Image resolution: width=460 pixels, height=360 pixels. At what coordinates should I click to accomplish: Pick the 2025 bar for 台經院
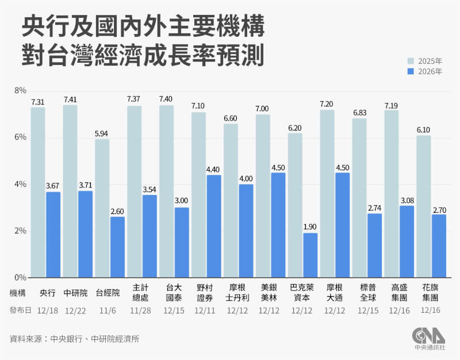(102, 208)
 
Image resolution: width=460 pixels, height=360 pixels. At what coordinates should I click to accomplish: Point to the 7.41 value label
(70, 99)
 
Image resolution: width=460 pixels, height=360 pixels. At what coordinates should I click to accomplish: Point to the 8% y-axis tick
(21, 91)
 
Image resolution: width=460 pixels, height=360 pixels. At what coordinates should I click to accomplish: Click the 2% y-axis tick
(21, 231)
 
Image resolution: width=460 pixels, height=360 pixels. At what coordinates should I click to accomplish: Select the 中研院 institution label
(76, 293)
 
